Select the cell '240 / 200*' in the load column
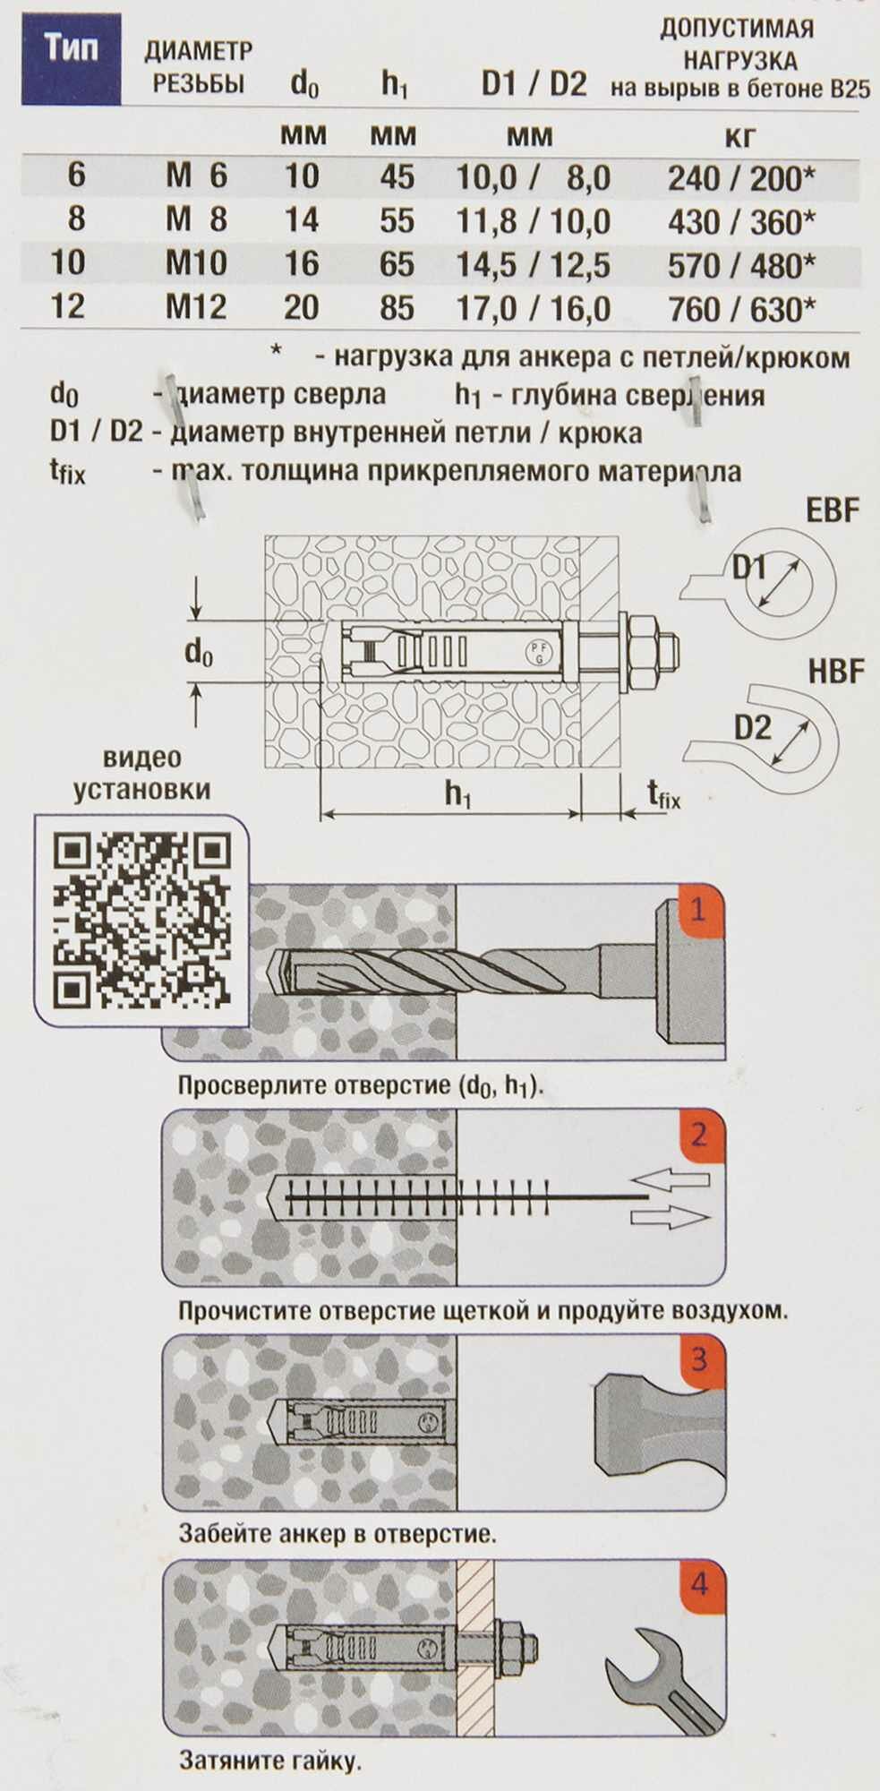tap(741, 178)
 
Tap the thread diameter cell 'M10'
tap(196, 263)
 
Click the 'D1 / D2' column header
tap(534, 85)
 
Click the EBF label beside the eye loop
tap(833, 510)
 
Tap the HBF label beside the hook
tap(836, 672)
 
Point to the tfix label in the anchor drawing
tap(662, 793)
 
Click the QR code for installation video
tap(141, 918)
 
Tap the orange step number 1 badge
tap(698, 911)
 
